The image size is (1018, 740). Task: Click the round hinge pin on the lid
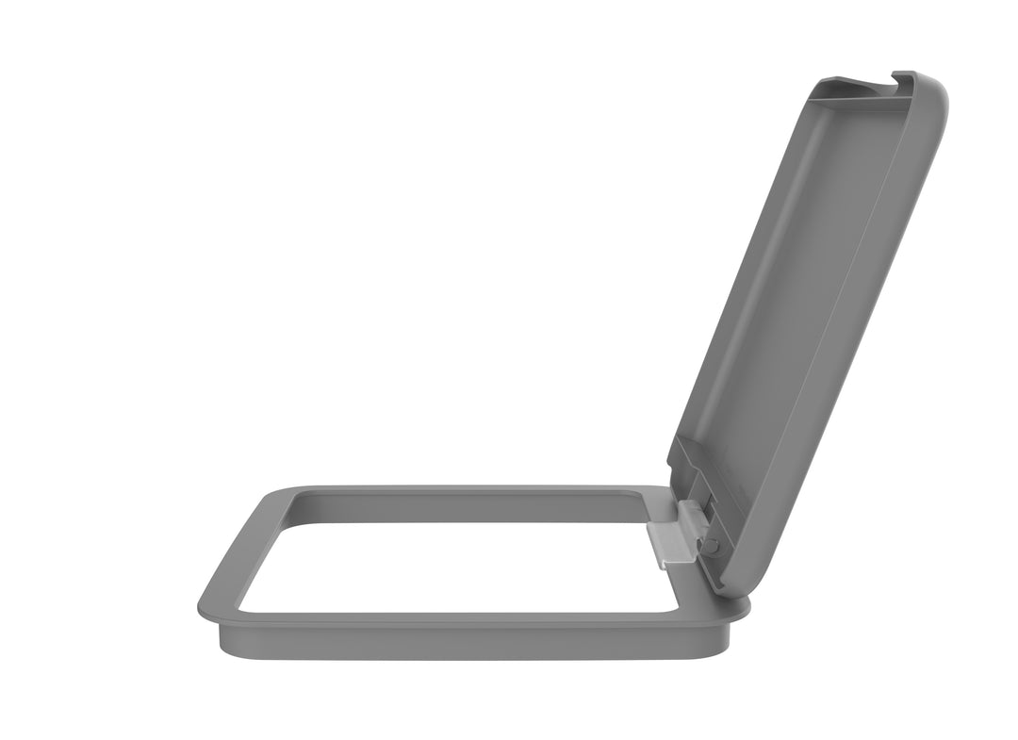tap(711, 546)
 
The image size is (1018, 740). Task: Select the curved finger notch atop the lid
tap(875, 88)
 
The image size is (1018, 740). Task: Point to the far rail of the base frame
tap(471, 491)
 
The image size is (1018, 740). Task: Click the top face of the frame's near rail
tap(452, 620)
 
